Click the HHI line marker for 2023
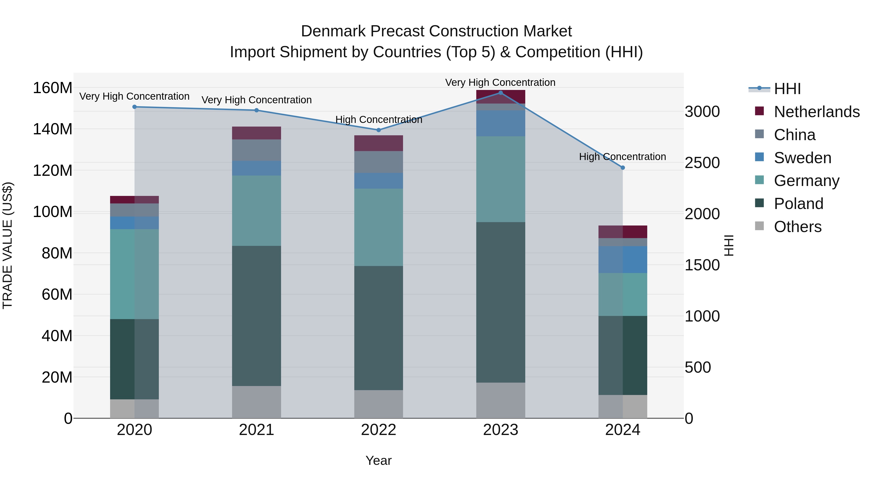pyautogui.click(x=501, y=93)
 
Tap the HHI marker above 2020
pyautogui.click(x=135, y=107)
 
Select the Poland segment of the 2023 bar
pyautogui.click(x=501, y=302)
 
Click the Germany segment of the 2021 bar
pyautogui.click(x=257, y=210)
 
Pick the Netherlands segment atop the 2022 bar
pyautogui.click(x=379, y=143)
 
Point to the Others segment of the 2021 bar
pyautogui.click(x=257, y=402)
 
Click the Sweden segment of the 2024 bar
pyautogui.click(x=622, y=259)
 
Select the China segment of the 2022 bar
pyautogui.click(x=379, y=162)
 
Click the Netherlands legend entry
pyautogui.click(x=816, y=112)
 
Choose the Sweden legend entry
pyautogui.click(x=802, y=158)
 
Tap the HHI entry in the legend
pyautogui.click(x=787, y=89)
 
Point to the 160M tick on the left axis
pyautogui.click(x=53, y=88)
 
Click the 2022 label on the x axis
pyautogui.click(x=379, y=430)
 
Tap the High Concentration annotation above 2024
pyautogui.click(x=622, y=157)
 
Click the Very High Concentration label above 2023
pyautogui.click(x=500, y=82)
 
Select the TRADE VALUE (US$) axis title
pyautogui.click(x=8, y=245)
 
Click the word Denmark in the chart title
pyautogui.click(x=333, y=31)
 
